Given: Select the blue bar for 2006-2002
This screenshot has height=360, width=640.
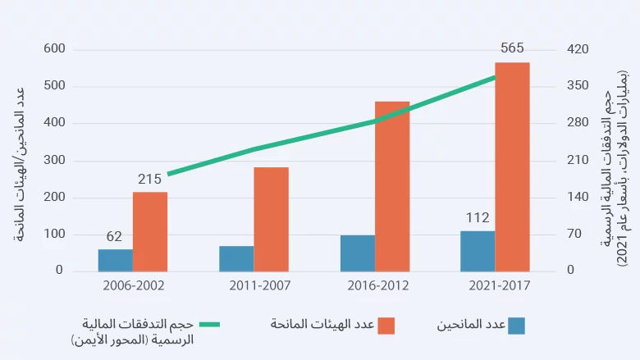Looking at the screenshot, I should pyautogui.click(x=115, y=260).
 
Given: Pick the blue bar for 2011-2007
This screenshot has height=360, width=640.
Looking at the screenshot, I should pyautogui.click(x=236, y=258).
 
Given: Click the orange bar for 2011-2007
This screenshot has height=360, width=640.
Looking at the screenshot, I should pyautogui.click(x=271, y=219).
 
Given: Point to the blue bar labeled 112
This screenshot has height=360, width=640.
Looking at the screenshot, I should pyautogui.click(x=478, y=251).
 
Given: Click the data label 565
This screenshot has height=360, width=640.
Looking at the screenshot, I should pyautogui.click(x=512, y=48).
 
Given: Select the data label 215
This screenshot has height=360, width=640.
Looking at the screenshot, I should pyautogui.click(x=149, y=179).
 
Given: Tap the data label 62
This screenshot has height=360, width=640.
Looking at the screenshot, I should pyautogui.click(x=114, y=237).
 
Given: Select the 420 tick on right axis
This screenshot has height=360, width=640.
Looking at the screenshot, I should pyautogui.click(x=578, y=49).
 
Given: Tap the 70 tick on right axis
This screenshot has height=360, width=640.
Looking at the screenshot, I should pyautogui.click(x=575, y=234).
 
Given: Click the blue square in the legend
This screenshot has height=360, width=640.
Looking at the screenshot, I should pyautogui.click(x=516, y=326).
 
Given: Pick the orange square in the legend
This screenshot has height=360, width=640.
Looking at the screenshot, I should pyautogui.click(x=386, y=326).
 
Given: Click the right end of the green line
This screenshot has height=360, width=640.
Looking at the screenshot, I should pyautogui.click(x=496, y=77).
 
